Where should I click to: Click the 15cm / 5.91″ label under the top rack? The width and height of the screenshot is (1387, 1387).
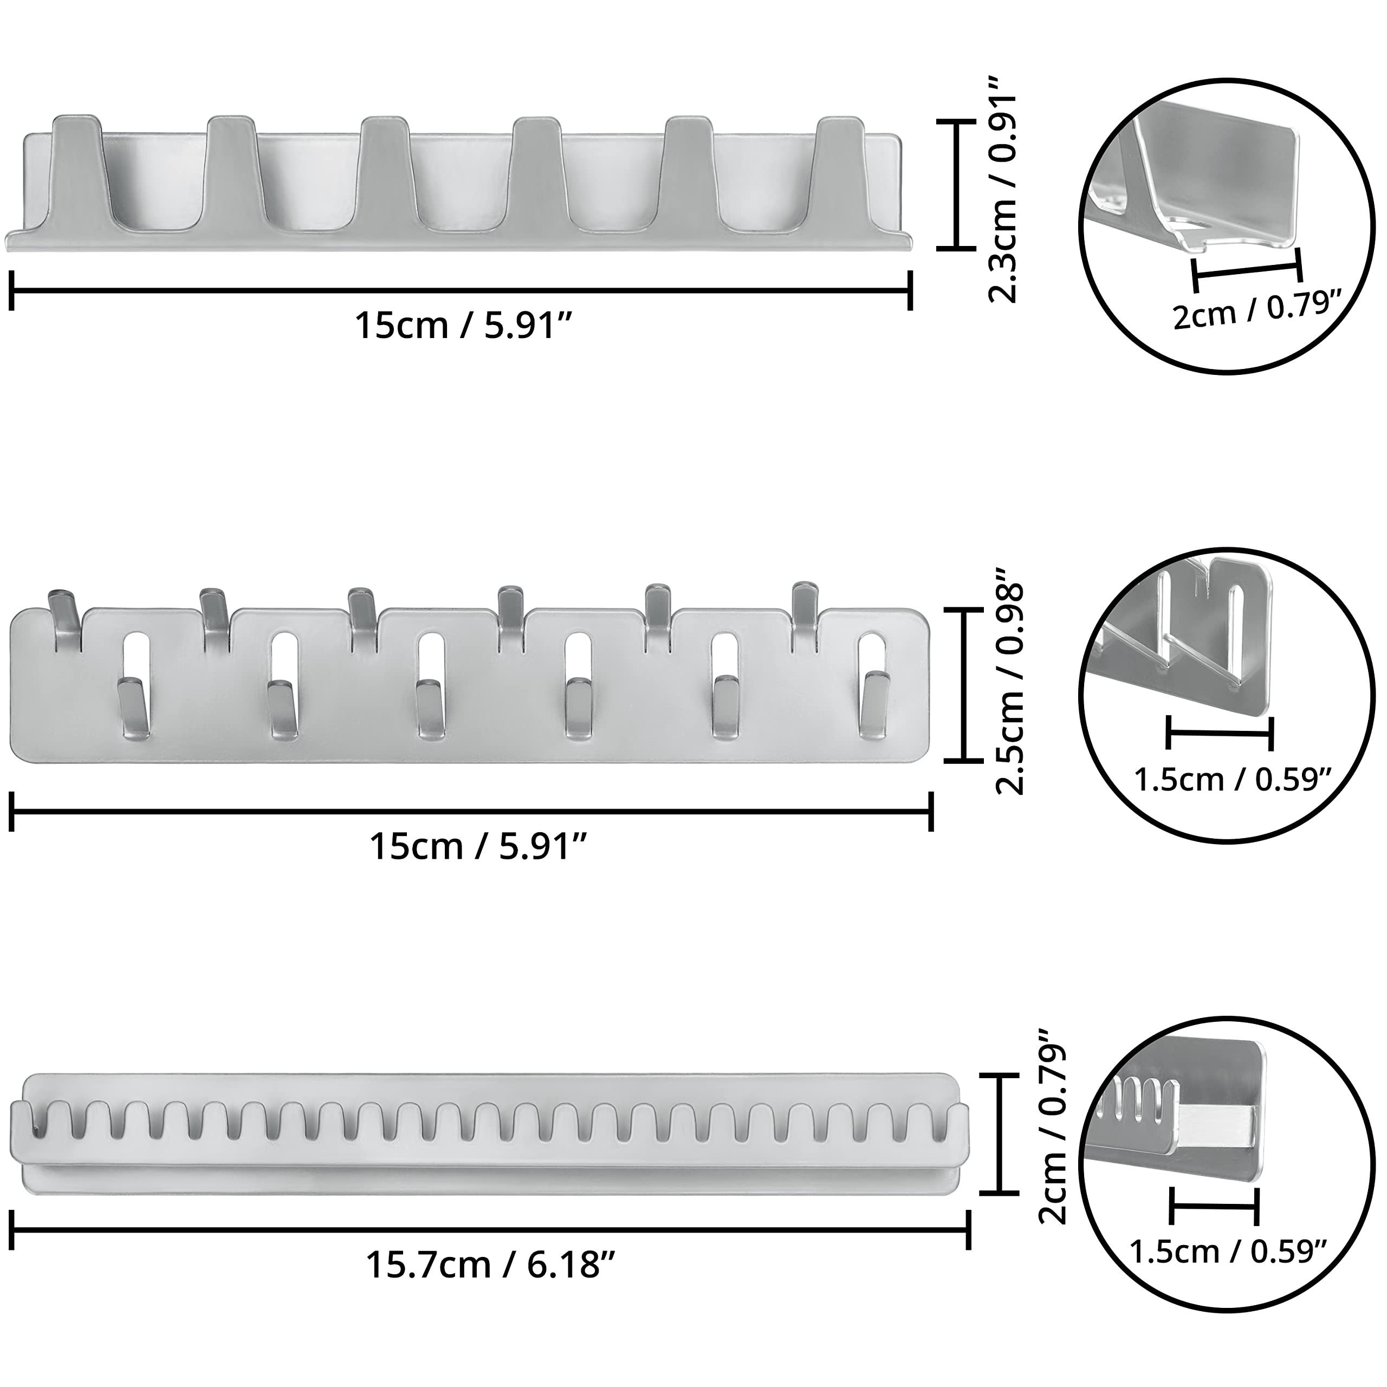pyautogui.click(x=464, y=327)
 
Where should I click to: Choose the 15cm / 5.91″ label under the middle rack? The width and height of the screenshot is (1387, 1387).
pyautogui.click(x=479, y=846)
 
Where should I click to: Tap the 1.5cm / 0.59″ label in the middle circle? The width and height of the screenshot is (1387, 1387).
pyautogui.click(x=1233, y=779)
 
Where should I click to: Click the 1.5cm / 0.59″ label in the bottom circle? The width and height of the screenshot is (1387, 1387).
pyautogui.click(x=1228, y=1252)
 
